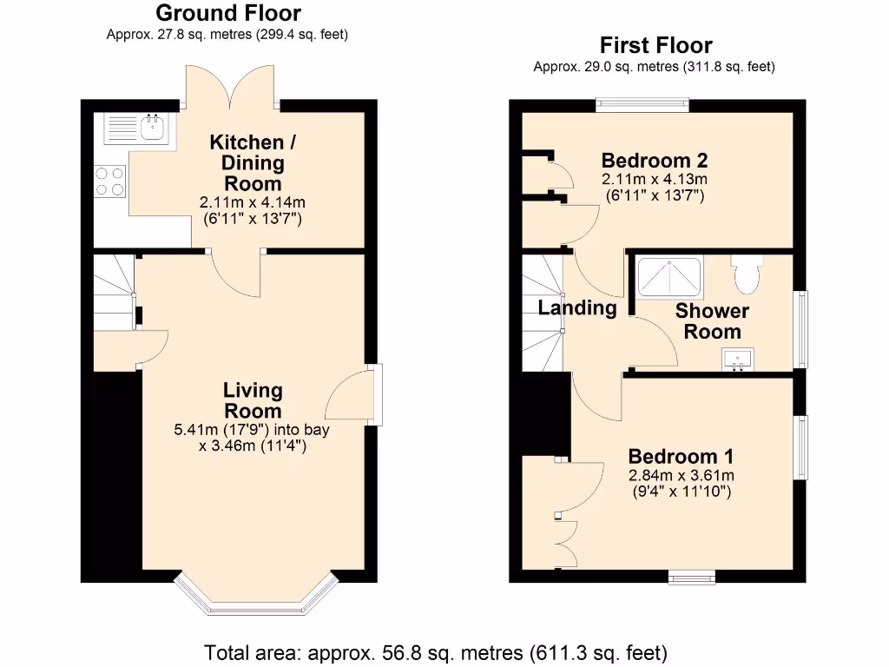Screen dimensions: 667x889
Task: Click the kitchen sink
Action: (x=139, y=129)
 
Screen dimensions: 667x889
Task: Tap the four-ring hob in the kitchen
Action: (x=109, y=181)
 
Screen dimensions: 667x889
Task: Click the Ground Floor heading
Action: (x=228, y=13)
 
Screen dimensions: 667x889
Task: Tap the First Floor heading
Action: (x=655, y=45)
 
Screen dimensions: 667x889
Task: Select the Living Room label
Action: (x=253, y=400)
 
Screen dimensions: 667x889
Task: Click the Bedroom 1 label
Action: (x=681, y=456)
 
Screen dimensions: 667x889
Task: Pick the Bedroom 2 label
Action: (x=654, y=160)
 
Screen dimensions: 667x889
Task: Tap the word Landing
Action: (x=576, y=307)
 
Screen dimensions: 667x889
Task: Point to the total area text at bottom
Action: (x=435, y=651)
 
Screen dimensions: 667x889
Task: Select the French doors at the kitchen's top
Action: (x=232, y=87)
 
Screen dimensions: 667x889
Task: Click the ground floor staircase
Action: (x=114, y=291)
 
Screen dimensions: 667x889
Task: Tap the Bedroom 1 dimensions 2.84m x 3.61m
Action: (x=681, y=475)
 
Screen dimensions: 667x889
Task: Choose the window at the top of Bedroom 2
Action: (x=642, y=105)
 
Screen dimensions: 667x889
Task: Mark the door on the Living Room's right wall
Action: (x=373, y=395)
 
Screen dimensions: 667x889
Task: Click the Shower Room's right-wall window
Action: (x=802, y=329)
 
